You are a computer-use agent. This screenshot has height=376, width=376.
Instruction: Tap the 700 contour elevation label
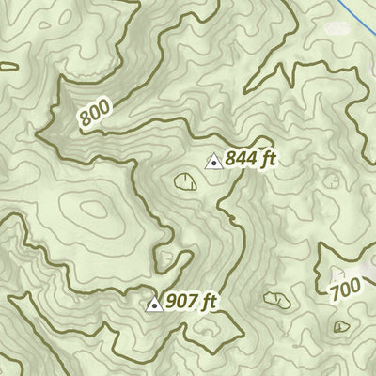[346, 289]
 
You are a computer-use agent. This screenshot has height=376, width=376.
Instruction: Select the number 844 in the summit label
[240, 161]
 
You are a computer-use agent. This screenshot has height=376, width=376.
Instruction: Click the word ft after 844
[268, 161]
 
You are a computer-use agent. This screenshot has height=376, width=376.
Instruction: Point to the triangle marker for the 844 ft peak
[212, 162]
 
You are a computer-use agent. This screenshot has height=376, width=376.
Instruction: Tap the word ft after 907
[208, 302]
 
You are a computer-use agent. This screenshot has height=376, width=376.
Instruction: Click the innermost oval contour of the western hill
[94, 210]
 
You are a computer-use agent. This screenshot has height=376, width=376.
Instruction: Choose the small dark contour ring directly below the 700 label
[340, 324]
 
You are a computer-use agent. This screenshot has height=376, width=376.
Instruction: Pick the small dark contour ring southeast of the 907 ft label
[276, 300]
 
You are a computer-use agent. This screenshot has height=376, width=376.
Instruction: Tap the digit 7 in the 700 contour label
[337, 293]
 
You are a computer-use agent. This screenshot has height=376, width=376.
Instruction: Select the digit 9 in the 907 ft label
[170, 302]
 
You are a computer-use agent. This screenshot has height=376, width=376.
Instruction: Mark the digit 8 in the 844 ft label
[230, 161]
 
